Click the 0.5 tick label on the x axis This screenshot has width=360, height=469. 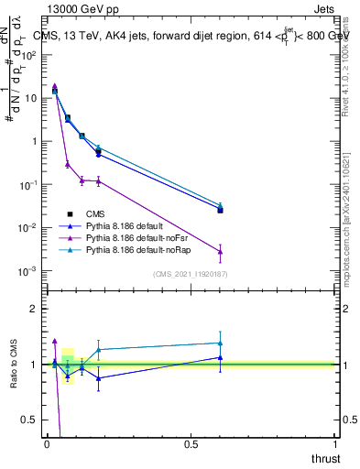coord(191,444)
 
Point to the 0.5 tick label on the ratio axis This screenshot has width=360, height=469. coord(30,420)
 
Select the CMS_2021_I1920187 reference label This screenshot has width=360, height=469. coord(190,274)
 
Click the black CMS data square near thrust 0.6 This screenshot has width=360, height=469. coord(220,210)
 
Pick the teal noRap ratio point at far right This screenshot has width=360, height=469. coord(220,343)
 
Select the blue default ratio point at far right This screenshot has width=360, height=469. coord(220,357)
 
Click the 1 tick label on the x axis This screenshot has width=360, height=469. coord(336,444)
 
